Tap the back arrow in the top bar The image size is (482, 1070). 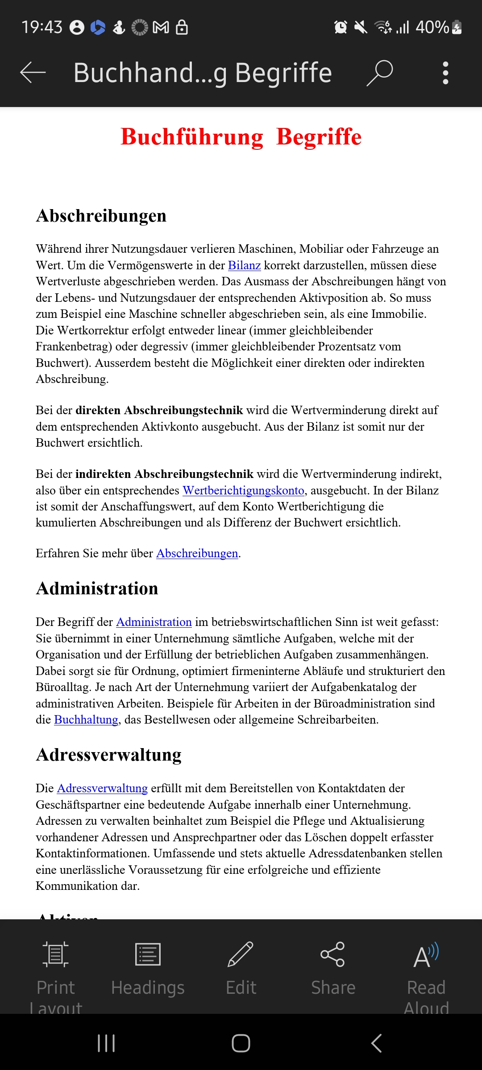pos(33,72)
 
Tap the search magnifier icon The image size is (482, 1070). pos(380,73)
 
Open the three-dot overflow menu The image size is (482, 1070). pos(445,73)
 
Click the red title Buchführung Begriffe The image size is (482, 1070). pos(241,136)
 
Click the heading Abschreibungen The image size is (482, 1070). pos(101,216)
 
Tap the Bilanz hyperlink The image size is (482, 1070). pos(244,265)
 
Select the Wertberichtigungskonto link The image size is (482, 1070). pos(244,490)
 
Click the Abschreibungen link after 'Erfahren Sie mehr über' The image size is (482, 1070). pos(197,553)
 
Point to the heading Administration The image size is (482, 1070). pos(97,588)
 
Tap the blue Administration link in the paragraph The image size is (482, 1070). pos(154,622)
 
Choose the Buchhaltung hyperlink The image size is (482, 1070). pos(86,720)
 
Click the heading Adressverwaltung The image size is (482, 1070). pos(109,755)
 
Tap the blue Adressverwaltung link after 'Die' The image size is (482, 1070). pos(102,788)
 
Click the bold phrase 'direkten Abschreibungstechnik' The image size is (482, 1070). pos(159,410)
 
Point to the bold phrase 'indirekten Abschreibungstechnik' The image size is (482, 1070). pos(164,474)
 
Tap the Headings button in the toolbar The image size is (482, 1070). pos(148,967)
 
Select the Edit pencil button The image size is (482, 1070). pos(241,967)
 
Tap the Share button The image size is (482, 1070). pos(333,967)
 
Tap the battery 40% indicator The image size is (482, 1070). pos(439,27)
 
